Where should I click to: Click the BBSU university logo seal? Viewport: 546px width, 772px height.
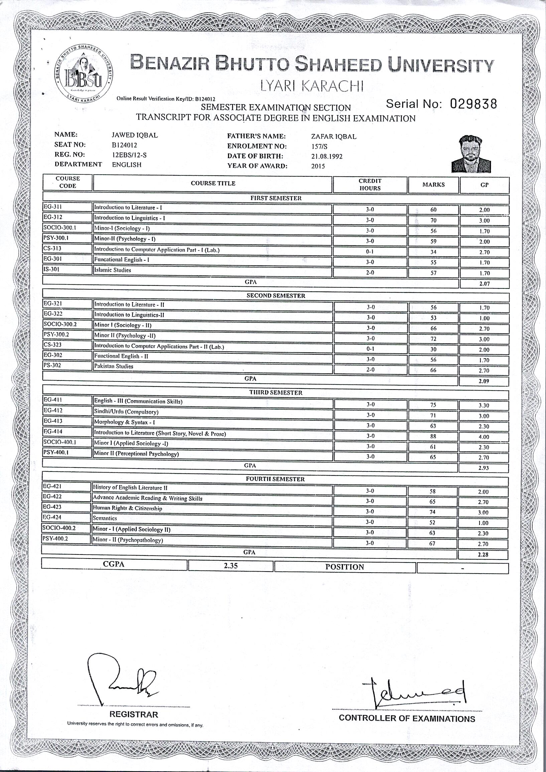(84, 73)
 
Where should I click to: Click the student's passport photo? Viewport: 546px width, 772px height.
(471, 154)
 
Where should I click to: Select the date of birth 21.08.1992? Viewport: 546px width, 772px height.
(327, 157)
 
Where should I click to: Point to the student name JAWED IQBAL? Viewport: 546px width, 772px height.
(134, 135)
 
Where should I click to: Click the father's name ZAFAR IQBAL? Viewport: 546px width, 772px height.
(333, 137)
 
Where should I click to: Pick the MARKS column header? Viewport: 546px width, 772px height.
(433, 185)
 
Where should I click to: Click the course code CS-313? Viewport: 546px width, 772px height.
(52, 249)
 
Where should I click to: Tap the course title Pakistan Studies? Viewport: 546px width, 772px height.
(114, 366)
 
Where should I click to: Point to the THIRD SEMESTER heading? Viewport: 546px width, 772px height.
(275, 393)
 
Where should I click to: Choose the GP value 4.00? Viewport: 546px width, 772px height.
(484, 437)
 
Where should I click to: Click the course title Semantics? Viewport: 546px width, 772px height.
(105, 518)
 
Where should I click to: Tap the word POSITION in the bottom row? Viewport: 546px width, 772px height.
(345, 567)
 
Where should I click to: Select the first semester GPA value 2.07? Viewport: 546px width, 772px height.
(484, 284)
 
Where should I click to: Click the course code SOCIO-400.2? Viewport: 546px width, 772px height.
(59, 528)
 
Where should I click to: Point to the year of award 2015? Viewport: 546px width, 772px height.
(318, 166)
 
